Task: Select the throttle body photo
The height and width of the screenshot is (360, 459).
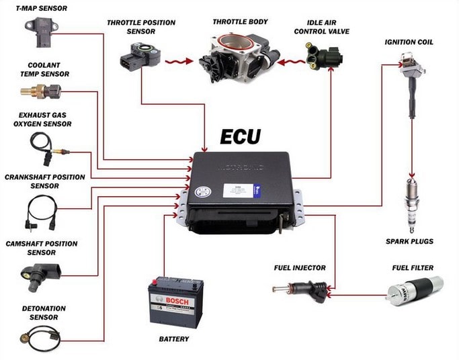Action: (235, 54)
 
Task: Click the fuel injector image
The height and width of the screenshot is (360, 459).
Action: (299, 289)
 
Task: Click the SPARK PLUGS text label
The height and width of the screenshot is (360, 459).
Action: (409, 240)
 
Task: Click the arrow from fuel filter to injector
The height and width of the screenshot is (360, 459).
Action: (356, 294)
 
